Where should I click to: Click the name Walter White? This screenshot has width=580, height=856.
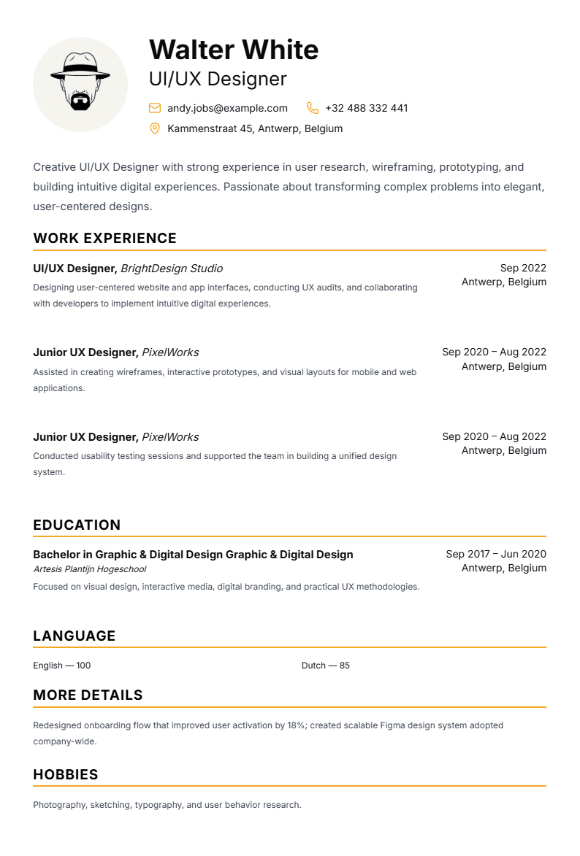coord(234,50)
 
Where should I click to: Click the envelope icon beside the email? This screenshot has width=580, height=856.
coord(155,108)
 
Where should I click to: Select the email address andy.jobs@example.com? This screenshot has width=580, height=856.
coord(227,108)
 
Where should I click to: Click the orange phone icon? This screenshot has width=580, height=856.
coord(313,108)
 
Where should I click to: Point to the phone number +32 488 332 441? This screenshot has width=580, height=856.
coord(366,108)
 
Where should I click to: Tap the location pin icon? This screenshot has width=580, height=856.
coord(155,128)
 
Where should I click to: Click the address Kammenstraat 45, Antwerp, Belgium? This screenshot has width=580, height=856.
coord(255,128)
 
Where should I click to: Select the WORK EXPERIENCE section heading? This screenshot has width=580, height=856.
coord(104,239)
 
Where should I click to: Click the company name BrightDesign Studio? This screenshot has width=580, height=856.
coord(172,269)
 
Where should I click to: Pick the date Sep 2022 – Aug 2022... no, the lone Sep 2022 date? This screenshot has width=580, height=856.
coord(523,268)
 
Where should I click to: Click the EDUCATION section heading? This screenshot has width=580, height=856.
coord(77,525)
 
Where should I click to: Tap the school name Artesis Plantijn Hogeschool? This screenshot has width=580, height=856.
coord(90,569)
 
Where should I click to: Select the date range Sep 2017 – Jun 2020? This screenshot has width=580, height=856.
coord(496,554)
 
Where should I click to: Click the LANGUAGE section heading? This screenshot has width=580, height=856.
coord(75,636)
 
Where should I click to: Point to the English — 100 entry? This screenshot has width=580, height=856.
coord(62,666)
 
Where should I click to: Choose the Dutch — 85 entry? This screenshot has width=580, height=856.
coord(326,666)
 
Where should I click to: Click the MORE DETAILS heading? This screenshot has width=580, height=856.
coord(88,695)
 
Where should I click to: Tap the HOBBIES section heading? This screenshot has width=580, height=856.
coord(66,775)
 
